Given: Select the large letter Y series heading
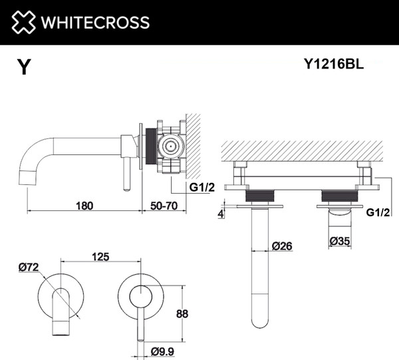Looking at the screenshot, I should pos(24,67).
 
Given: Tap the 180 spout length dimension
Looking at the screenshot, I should pos(84,206).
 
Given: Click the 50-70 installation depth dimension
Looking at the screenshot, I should pos(162,206).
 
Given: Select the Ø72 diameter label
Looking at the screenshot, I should pos(29,268).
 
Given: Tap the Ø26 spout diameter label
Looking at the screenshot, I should pos(282,246).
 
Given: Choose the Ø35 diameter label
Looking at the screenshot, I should pos(342,242).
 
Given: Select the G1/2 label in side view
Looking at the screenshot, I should pos(202,188).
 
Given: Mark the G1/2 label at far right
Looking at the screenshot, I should pos(378,212).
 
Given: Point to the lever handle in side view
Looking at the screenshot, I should pos(125,176).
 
